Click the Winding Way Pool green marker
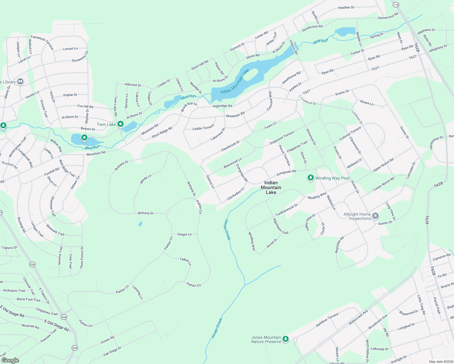pyautogui.click(x=310, y=178)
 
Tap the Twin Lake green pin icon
pyautogui.click(x=120, y=124)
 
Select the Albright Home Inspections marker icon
pyautogui.click(x=375, y=216)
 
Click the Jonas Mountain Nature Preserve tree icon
pyautogui.click(x=286, y=339)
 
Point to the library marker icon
pyautogui.click(x=20, y=81)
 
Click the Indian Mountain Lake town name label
pyautogui.click(x=271, y=187)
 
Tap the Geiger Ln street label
pyautogui.click(x=185, y=234)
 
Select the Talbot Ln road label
pyautogui.click(x=185, y=261)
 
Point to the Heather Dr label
pyautogui.click(x=346, y=8)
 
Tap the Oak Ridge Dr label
pyautogui.click(x=112, y=352)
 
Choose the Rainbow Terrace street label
pyautogui.click(x=327, y=320)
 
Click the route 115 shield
pyautogui.click(x=396, y=5)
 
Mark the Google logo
pyautogui.click(x=10, y=360)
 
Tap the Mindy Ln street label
pyautogui.click(x=146, y=179)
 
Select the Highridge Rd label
pyautogui.click(x=222, y=106)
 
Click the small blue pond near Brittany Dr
pyautogui.click(x=140, y=224)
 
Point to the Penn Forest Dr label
pyautogui.click(x=82, y=257)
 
